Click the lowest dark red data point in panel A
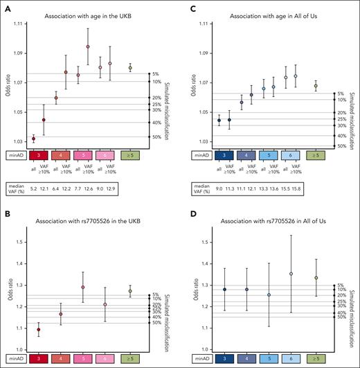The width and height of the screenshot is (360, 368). tap(34, 139)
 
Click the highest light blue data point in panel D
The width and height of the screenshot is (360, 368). tap(291, 274)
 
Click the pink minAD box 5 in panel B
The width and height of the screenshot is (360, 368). tap(83, 360)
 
